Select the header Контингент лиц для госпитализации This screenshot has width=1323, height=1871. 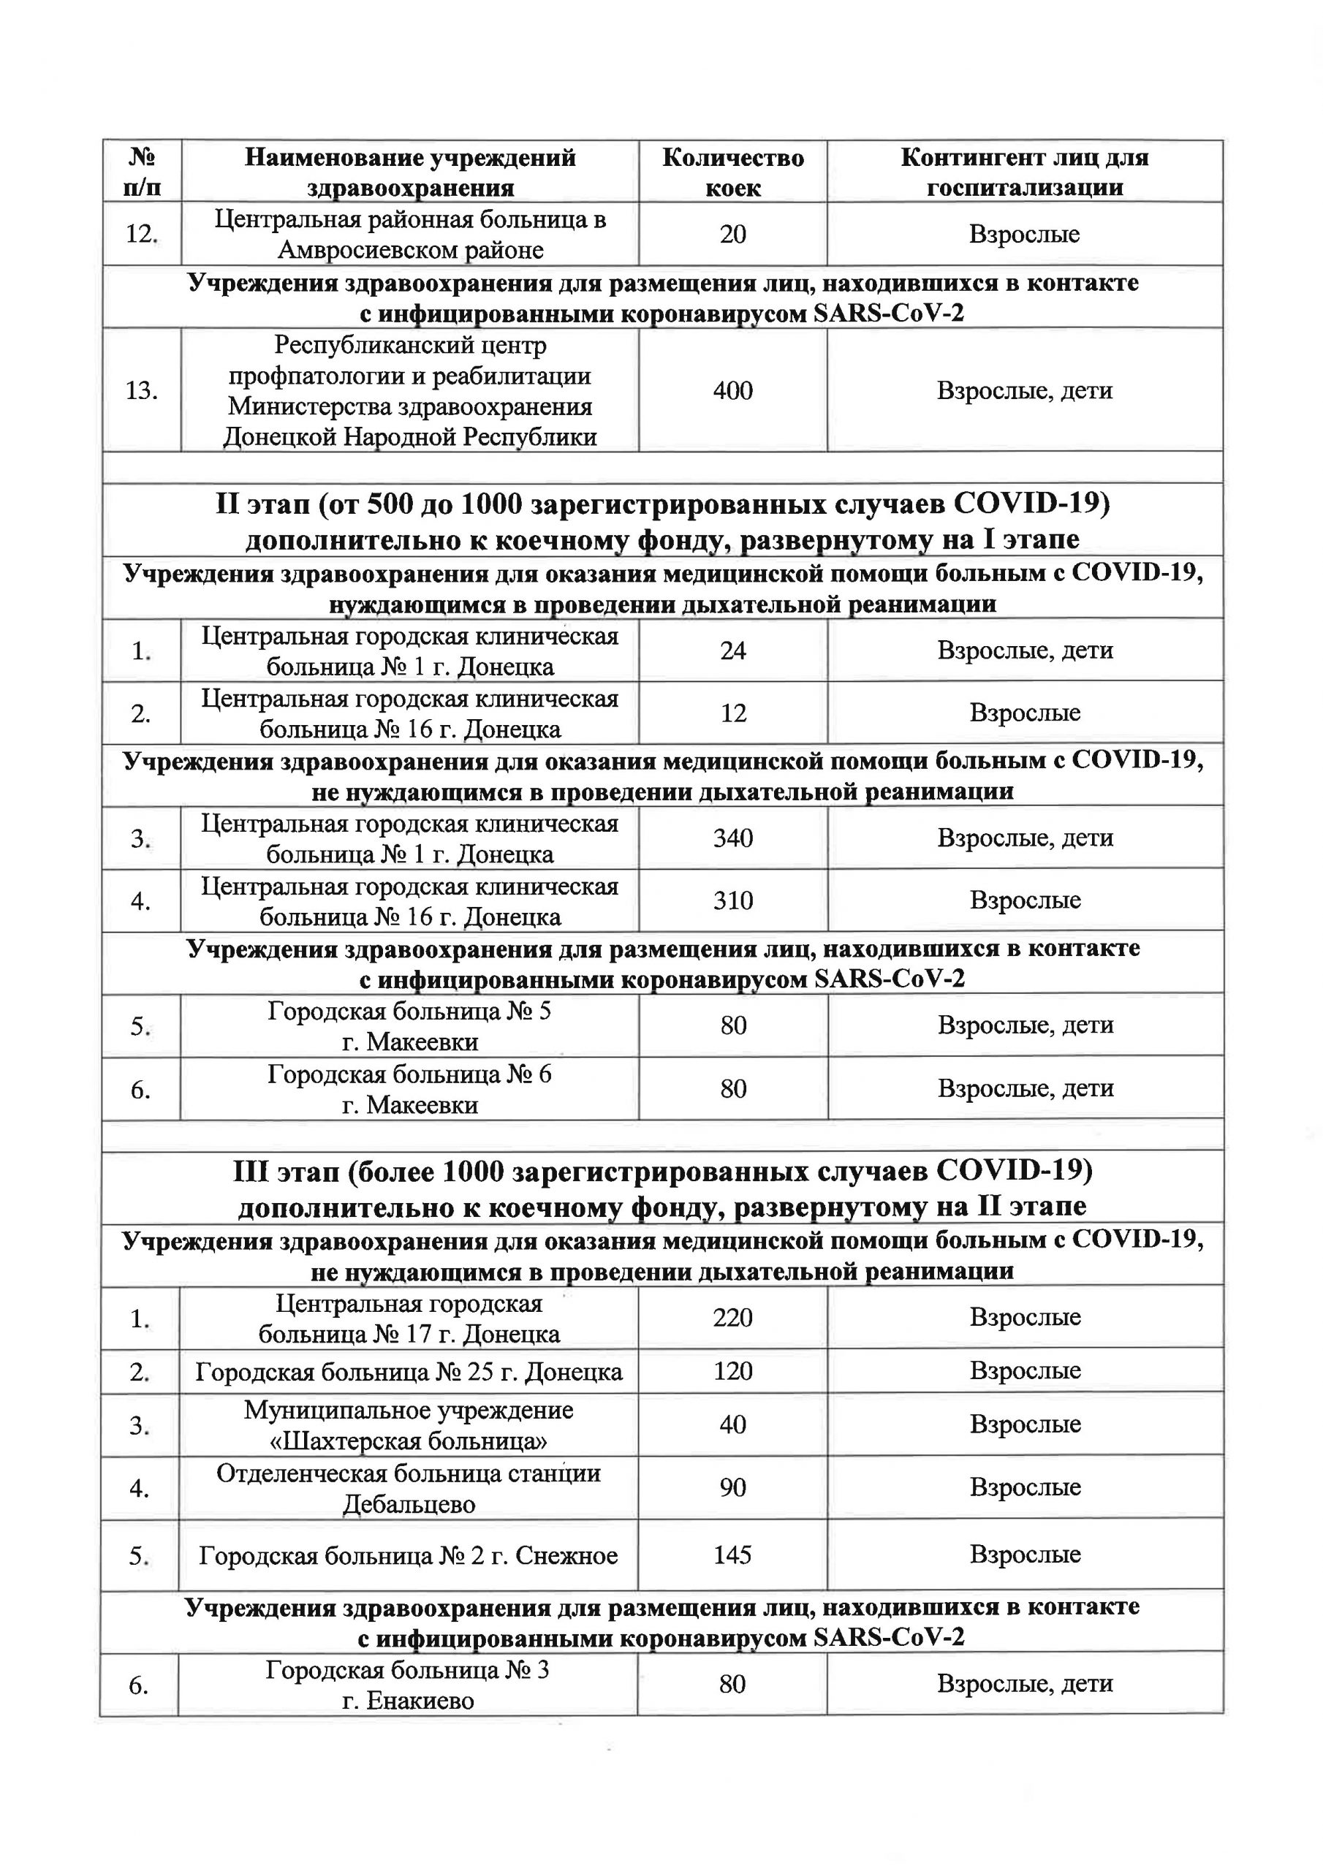click(x=1024, y=172)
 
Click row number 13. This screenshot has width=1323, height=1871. click(x=141, y=390)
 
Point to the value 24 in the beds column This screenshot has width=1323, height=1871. click(x=733, y=650)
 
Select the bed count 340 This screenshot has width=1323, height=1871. click(x=733, y=838)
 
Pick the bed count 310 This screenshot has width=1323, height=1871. click(x=733, y=900)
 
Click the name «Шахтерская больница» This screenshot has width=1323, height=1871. click(x=409, y=1441)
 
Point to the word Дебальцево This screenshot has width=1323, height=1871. click(x=409, y=1504)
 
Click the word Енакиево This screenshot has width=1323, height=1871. click(x=409, y=1701)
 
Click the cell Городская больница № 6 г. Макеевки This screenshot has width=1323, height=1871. click(x=409, y=1090)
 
